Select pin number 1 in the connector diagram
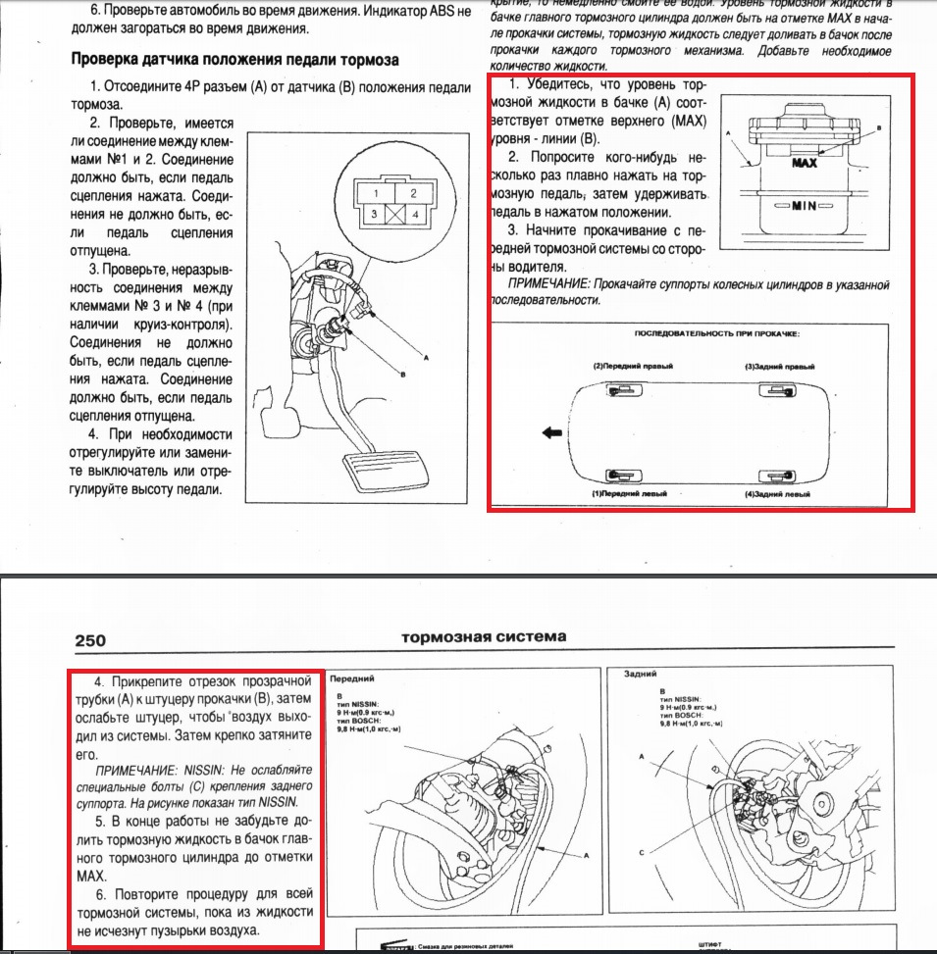[x=374, y=193]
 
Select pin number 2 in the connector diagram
[x=413, y=193]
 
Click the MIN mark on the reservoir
[x=804, y=208]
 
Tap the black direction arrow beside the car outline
[x=553, y=429]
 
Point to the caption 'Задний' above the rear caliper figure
[x=640, y=675]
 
